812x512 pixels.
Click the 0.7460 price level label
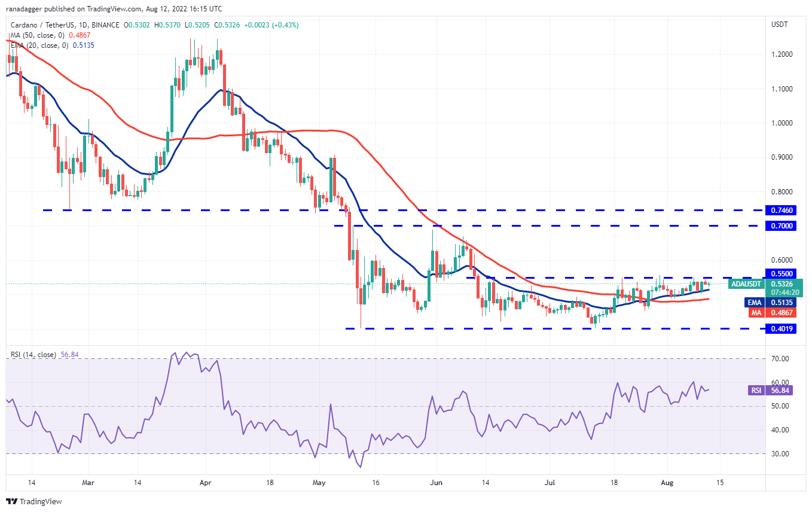(783, 211)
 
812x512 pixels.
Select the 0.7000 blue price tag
(783, 226)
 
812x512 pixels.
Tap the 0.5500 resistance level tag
(783, 273)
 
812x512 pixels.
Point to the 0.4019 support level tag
(783, 328)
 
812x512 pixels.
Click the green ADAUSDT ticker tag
(746, 284)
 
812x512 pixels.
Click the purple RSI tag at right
(756, 390)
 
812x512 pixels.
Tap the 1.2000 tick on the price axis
(782, 54)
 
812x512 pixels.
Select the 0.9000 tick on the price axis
(782, 157)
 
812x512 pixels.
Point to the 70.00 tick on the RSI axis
(781, 359)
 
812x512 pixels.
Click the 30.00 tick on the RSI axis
(781, 454)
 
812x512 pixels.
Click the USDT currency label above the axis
(780, 25)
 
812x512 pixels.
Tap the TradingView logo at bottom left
(34, 501)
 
